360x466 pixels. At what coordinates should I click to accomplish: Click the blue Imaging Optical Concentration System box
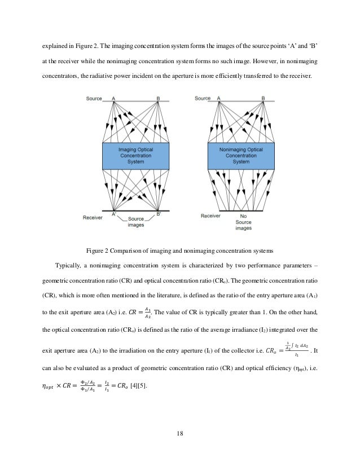click(x=135, y=155)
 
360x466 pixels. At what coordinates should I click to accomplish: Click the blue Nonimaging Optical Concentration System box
click(x=241, y=155)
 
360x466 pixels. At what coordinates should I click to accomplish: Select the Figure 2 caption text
click(x=179, y=249)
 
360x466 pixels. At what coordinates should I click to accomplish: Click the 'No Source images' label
click(x=243, y=222)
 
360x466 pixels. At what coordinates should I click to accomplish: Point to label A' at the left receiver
click(x=114, y=214)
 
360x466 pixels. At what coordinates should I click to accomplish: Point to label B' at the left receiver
click(x=159, y=214)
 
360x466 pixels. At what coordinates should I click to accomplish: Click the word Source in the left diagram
click(x=94, y=98)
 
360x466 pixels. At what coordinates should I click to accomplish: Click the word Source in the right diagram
click(x=203, y=98)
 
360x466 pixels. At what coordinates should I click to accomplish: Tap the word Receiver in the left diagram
click(x=91, y=216)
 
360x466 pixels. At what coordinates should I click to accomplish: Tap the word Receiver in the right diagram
click(x=210, y=216)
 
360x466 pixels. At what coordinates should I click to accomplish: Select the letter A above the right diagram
click(x=219, y=98)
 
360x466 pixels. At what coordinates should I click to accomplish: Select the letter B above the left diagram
click(x=158, y=98)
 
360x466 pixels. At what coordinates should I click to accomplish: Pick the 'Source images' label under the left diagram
click(x=135, y=222)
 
